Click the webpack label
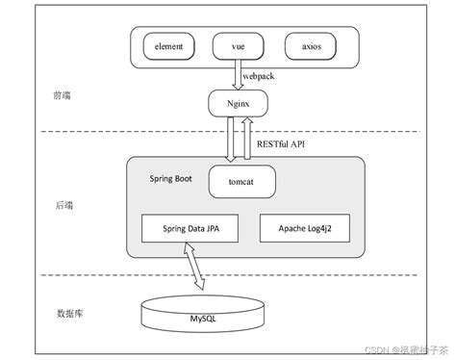259,73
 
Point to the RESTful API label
281,143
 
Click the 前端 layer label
63,95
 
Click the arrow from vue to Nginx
236,75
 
